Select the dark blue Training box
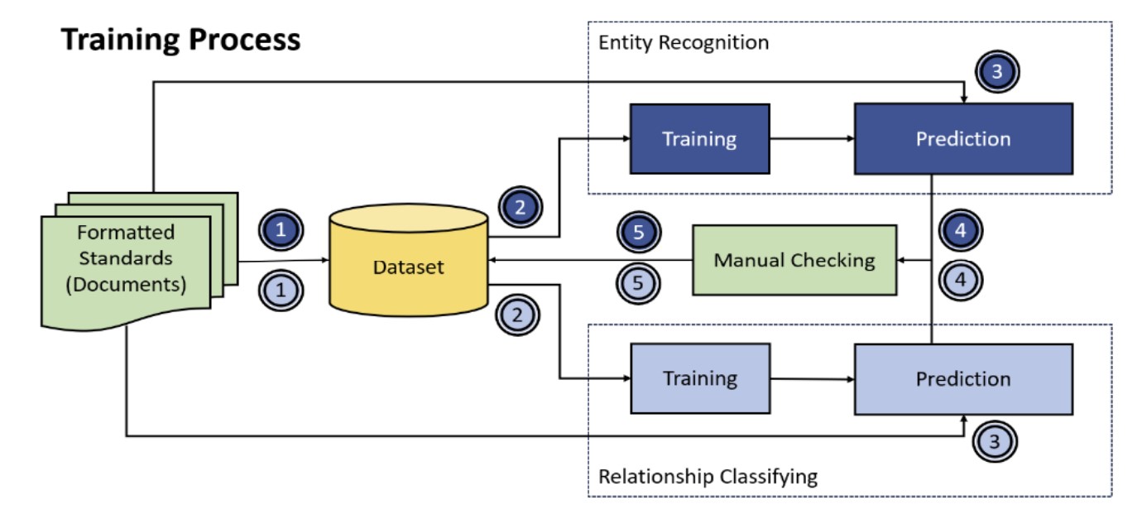point(699,139)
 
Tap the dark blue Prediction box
point(962,139)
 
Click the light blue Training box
point(699,379)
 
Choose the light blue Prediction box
point(962,379)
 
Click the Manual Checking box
point(794,261)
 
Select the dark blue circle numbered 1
point(281,229)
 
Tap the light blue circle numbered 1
point(281,291)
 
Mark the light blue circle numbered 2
point(517,315)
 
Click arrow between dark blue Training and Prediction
point(811,139)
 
